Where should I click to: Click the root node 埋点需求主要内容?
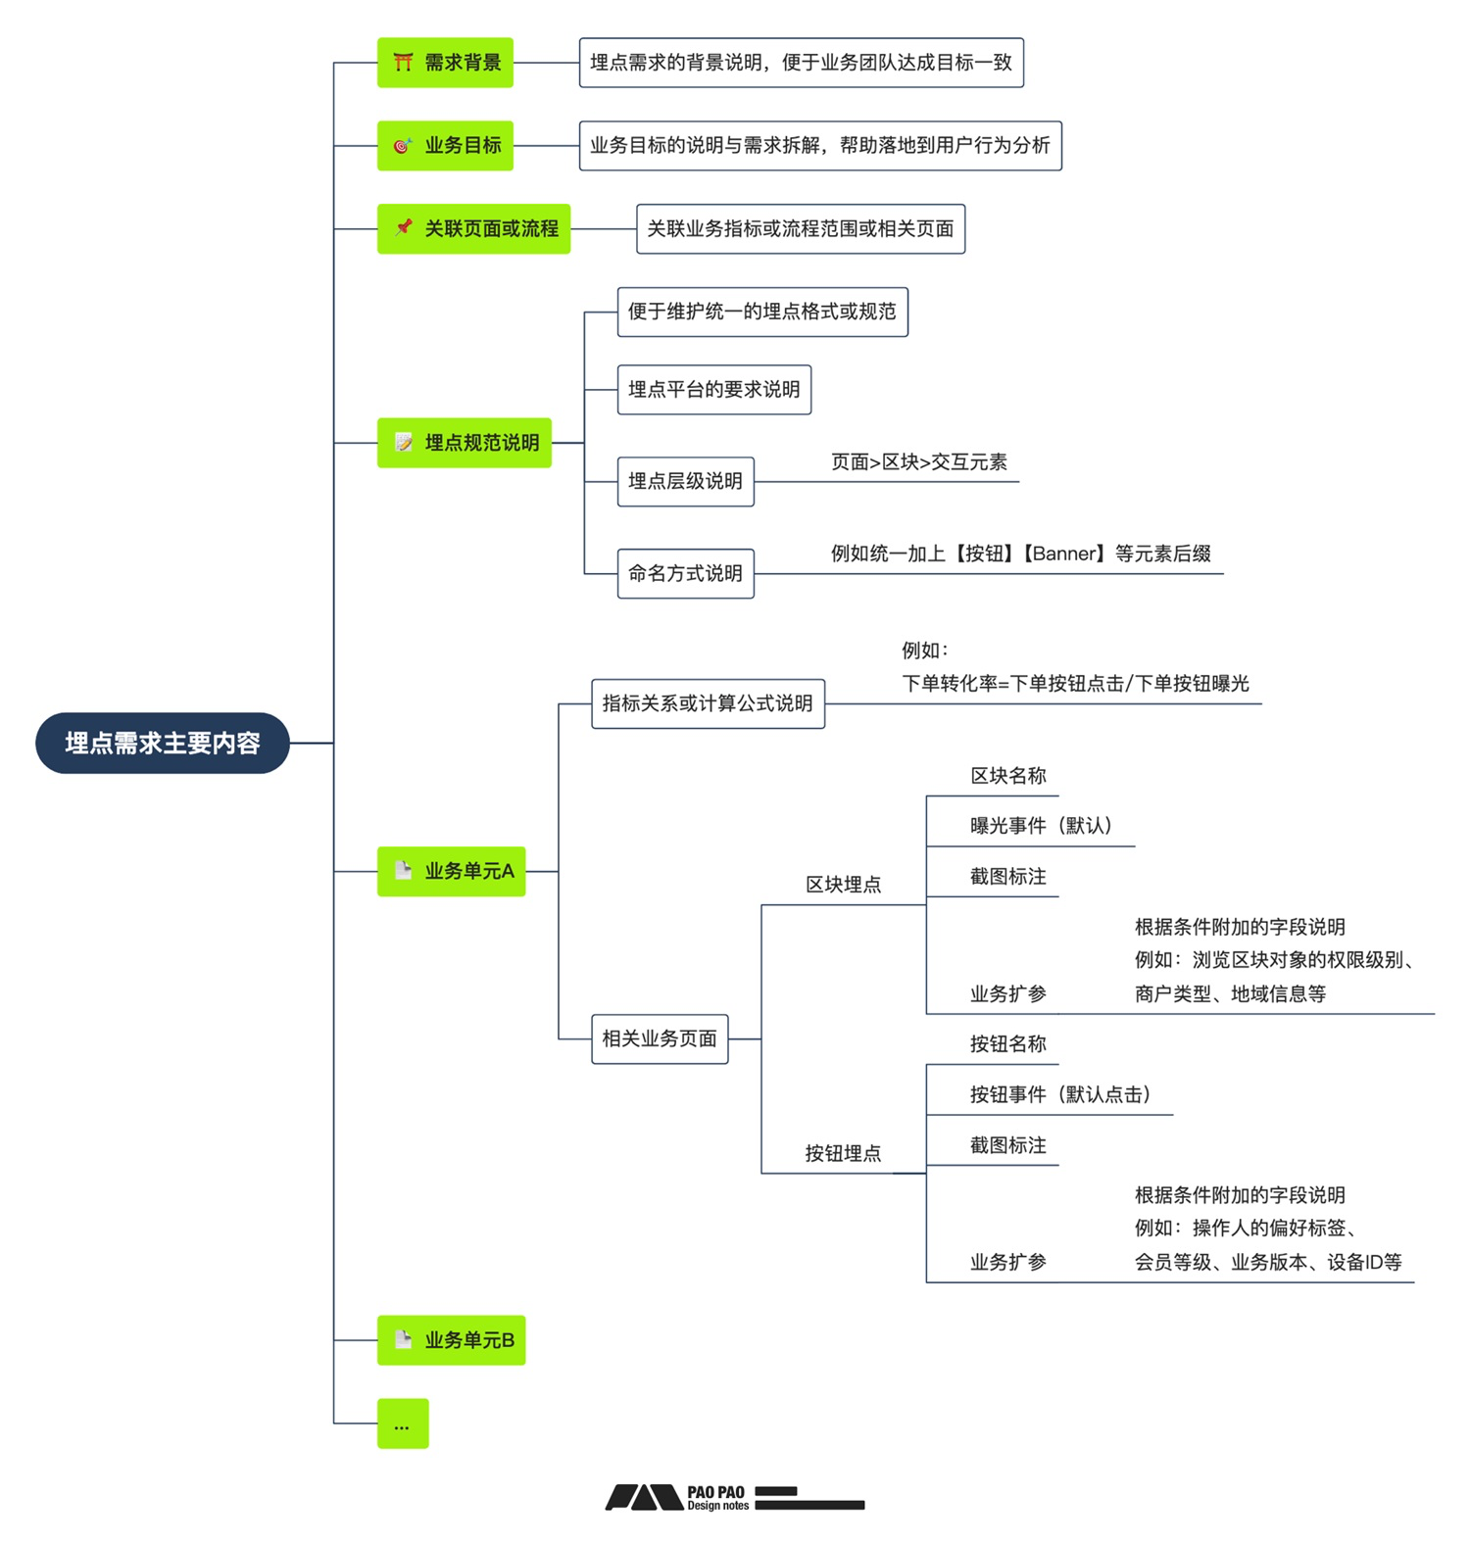tap(163, 743)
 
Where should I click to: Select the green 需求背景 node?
tap(445, 63)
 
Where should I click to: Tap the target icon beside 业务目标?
tap(402, 146)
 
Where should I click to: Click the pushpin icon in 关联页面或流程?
tap(403, 227)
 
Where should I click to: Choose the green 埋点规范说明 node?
tap(465, 443)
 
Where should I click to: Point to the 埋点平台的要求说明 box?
tap(713, 390)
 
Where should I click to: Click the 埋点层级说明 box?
tap(685, 481)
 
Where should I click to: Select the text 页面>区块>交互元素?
tap(918, 462)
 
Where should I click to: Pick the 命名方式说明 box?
tap(685, 573)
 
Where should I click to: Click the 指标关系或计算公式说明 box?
tap(708, 703)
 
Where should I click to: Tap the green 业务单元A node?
tap(452, 871)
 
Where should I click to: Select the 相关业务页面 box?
tap(660, 1038)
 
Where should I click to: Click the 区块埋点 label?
tap(843, 885)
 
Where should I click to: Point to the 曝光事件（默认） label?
tap(1041, 826)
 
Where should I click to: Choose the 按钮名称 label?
tap(1007, 1044)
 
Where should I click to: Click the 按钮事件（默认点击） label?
tap(1059, 1094)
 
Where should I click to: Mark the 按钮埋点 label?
tap(843, 1153)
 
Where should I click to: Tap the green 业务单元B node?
tap(452, 1340)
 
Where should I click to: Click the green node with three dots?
tap(403, 1423)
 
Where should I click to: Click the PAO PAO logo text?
tap(715, 1497)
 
